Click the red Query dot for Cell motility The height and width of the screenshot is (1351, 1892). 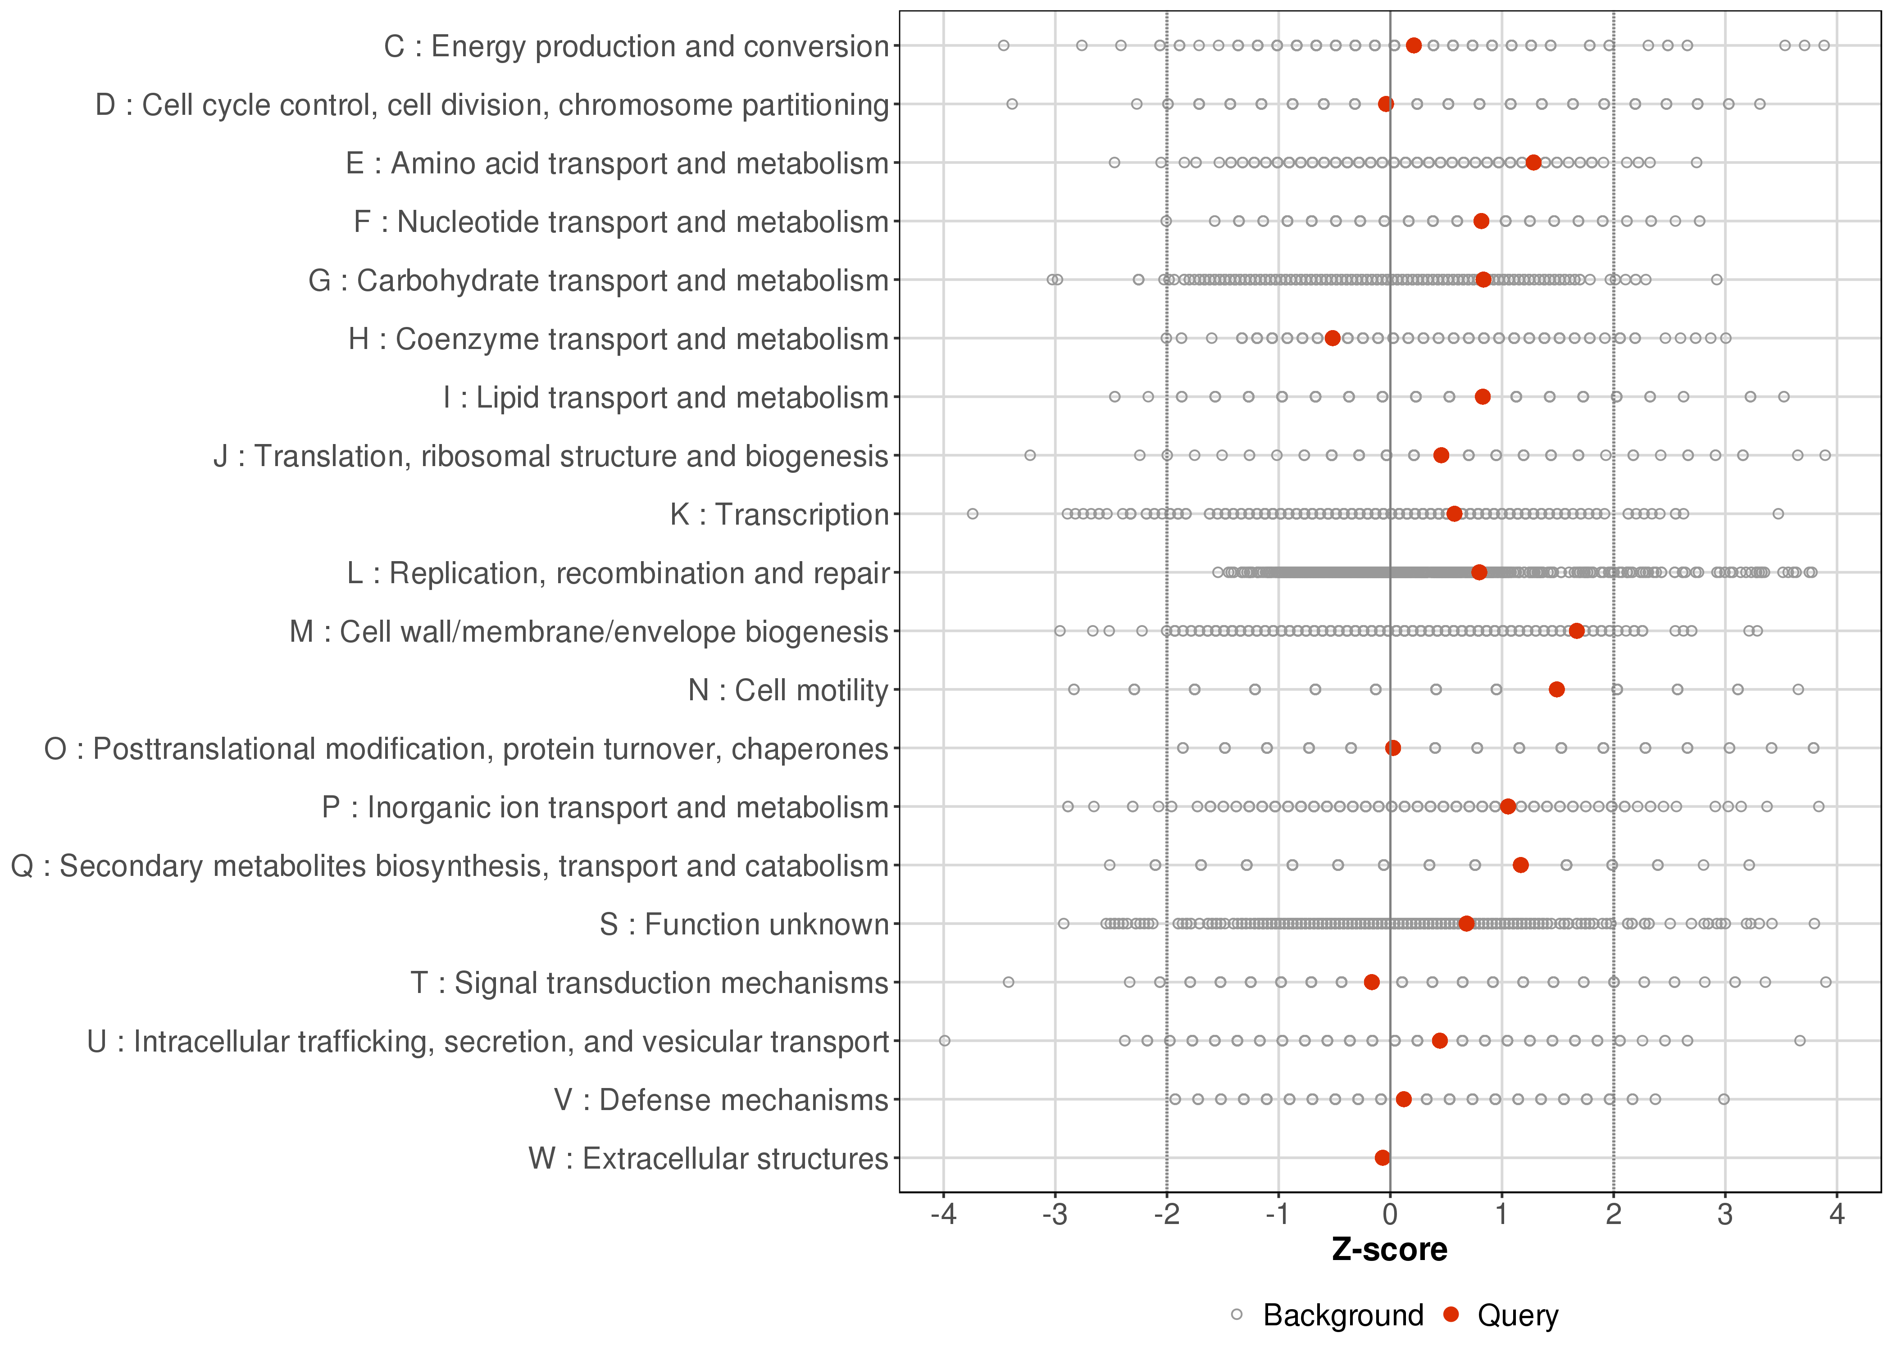(x=1557, y=689)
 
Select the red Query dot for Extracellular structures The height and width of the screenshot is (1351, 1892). (x=1382, y=1158)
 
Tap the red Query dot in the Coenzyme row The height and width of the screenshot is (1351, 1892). (x=1332, y=339)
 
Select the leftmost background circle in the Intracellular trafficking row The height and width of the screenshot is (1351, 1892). (x=944, y=1041)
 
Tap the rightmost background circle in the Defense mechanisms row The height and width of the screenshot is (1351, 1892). (x=1724, y=1100)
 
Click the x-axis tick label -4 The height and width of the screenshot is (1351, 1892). (x=943, y=1215)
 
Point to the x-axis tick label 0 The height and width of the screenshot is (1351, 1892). (x=1389, y=1215)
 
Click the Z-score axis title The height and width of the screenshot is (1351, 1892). (x=1389, y=1250)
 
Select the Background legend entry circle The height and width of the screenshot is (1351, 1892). (x=1237, y=1315)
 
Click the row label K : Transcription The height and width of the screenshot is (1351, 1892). (x=780, y=515)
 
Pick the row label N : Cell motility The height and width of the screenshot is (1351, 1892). (x=789, y=690)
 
